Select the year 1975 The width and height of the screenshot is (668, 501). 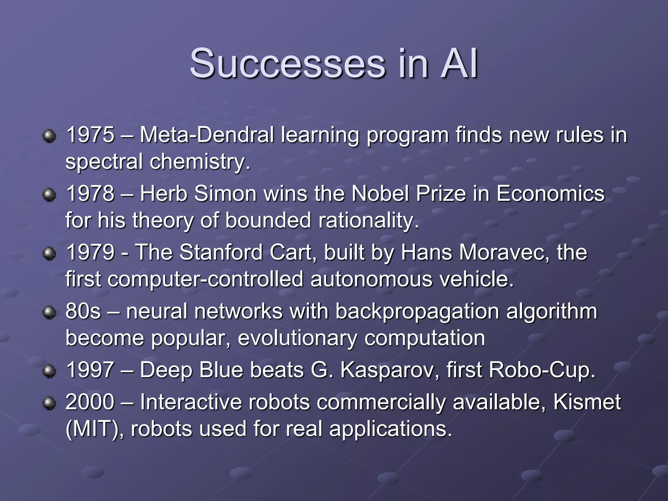tap(90, 135)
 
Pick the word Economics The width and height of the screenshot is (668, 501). tap(551, 193)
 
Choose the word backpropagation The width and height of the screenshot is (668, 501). tap(417, 311)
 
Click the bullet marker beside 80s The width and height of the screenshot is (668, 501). tap(49, 312)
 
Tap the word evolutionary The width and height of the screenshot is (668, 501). tap(297, 338)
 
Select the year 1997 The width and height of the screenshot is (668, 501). tap(90, 370)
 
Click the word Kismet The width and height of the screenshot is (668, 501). tap(587, 402)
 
